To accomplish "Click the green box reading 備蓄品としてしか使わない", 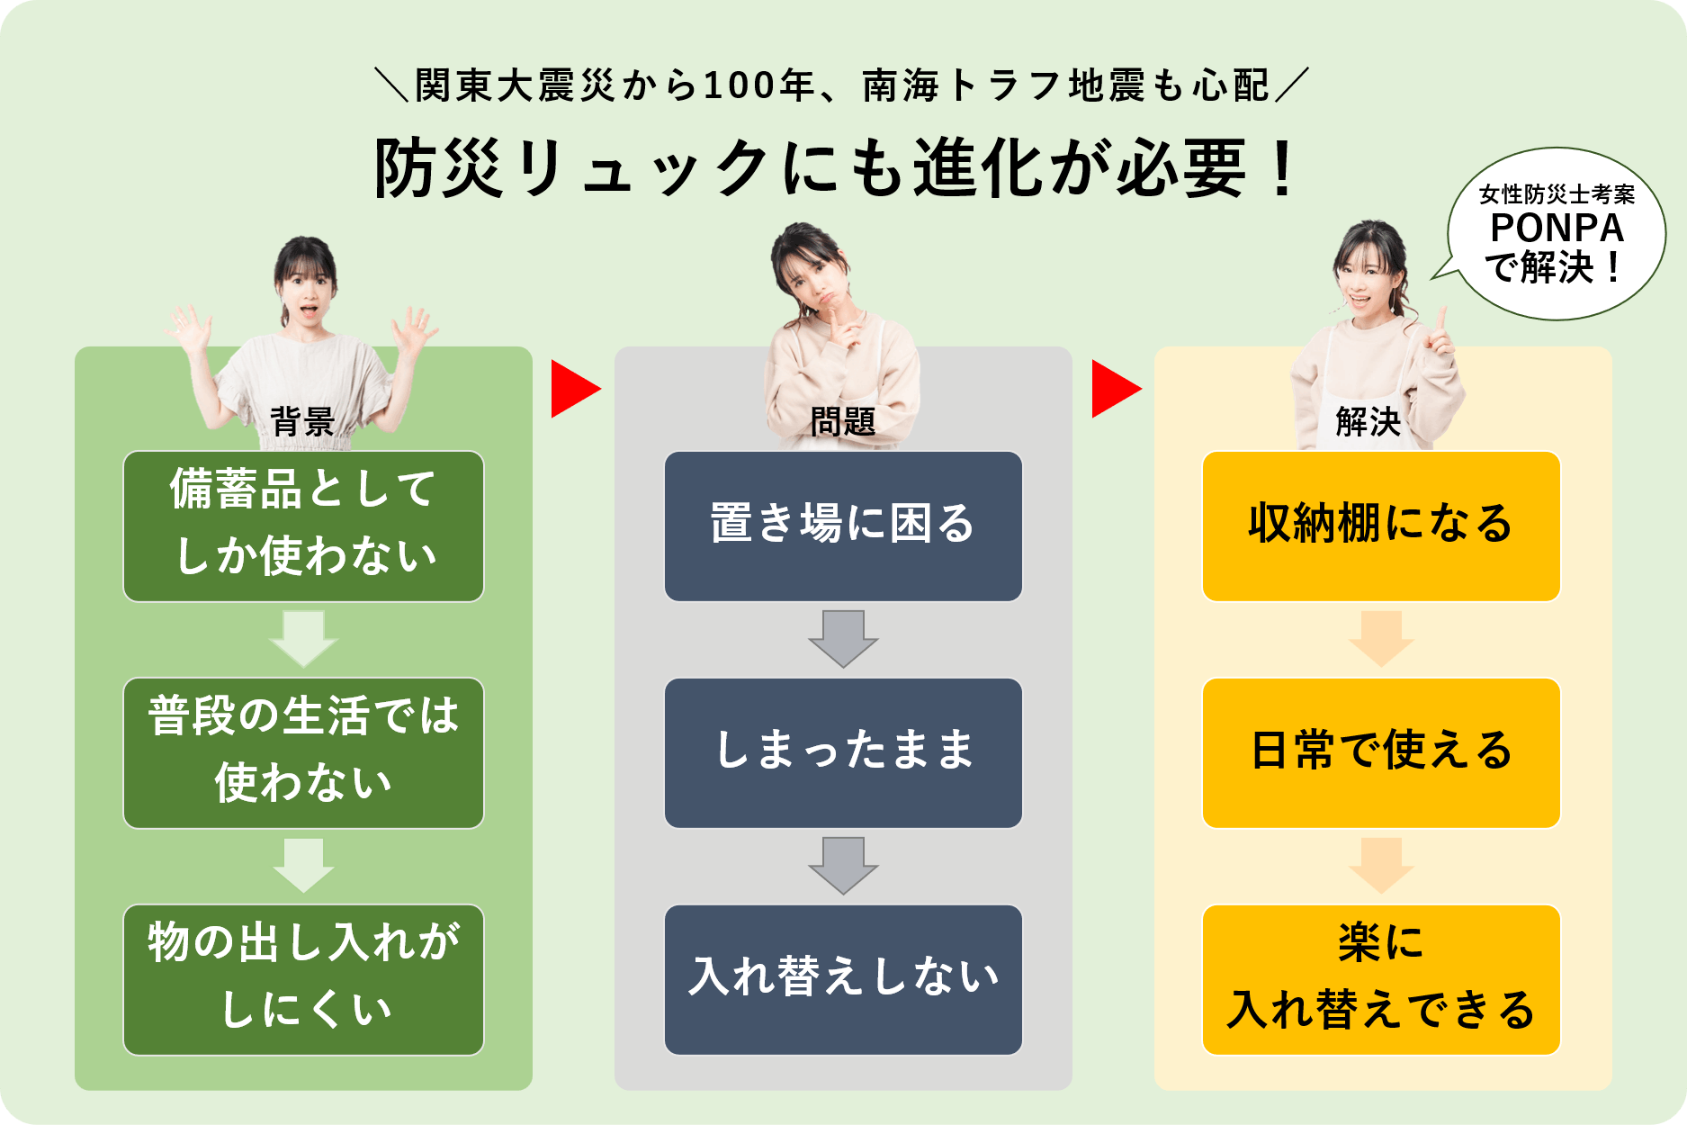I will coord(303,526).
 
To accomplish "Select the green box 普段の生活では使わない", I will coord(303,752).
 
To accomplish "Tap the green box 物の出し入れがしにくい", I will coord(303,979).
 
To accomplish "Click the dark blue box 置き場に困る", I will coord(843,526).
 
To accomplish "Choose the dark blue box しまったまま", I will coord(843,752).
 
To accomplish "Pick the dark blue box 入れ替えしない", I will coord(843,979).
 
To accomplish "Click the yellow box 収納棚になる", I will coord(1381,526).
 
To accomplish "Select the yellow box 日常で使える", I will coord(1381,752).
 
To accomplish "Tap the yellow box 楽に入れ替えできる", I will coord(1381,979).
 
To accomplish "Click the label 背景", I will coord(302,421).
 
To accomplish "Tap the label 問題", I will coord(842,421).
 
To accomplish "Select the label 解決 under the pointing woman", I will coord(1368,421).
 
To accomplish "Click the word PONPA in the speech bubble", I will coord(1557,229).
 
